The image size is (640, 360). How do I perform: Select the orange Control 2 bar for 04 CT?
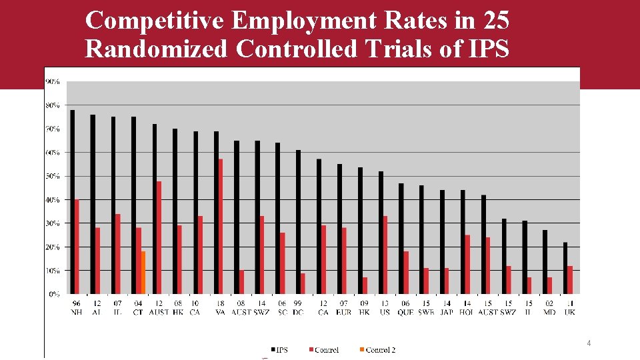pos(143,272)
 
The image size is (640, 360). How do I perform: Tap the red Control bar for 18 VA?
pos(221,226)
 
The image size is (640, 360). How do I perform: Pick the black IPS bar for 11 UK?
pos(565,267)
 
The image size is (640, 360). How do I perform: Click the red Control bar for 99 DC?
pos(303,283)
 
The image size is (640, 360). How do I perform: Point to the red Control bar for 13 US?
pos(385,255)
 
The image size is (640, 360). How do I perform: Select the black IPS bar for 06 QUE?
pos(401,238)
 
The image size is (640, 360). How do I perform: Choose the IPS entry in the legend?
pos(279,350)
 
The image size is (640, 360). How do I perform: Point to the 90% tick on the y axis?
pos(52,81)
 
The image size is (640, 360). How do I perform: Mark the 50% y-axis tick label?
pos(52,176)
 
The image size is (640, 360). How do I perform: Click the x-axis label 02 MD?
pos(549,307)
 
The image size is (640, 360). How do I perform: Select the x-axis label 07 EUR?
pos(343,307)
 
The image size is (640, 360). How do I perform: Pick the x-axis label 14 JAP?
pos(446,307)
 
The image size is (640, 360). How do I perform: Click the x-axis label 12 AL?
pos(96,307)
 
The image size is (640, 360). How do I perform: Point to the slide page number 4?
pos(589,343)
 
